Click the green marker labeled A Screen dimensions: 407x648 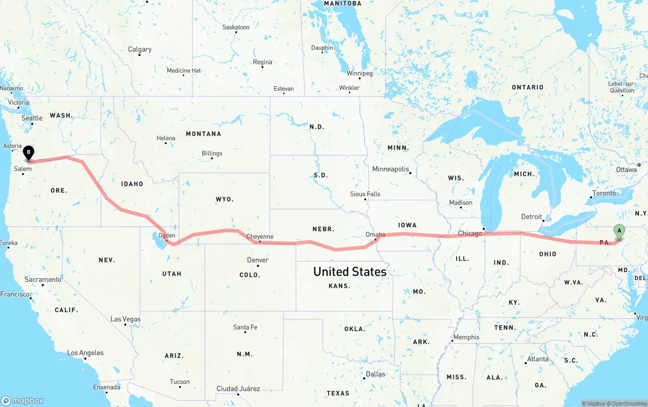619,232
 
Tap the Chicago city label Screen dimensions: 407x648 470,233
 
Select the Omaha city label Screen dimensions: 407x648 375,234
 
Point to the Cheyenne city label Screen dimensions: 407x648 260,237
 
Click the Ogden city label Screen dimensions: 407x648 167,235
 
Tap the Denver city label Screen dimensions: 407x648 258,260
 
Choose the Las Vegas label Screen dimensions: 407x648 126,319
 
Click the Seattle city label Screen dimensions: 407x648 32,118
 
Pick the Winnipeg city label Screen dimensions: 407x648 359,73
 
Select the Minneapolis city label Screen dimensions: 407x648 390,169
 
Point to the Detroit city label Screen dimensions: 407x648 532,216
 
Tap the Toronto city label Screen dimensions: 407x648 604,193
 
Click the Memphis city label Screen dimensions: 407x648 466,337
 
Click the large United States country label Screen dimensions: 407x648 350,272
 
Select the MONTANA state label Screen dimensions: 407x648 204,134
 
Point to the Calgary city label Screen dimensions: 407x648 140,49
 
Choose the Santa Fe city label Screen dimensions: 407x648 245,327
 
